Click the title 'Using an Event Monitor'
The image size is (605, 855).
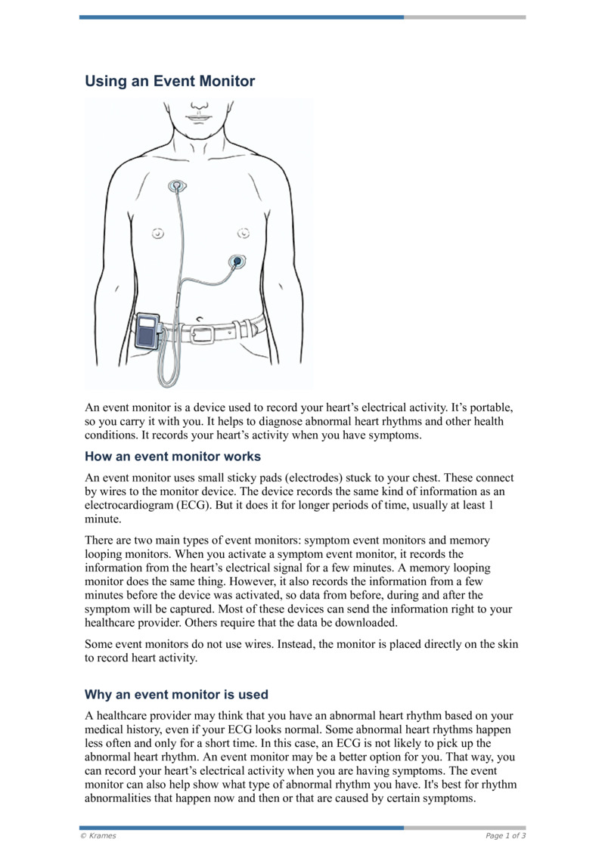(x=169, y=81)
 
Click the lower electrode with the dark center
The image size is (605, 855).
(x=237, y=262)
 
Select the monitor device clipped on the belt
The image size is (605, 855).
(x=147, y=331)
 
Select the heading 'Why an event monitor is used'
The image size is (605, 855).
(x=176, y=695)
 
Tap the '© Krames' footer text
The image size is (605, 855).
(x=98, y=835)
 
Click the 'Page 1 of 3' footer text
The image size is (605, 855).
(x=505, y=835)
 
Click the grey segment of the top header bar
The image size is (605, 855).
(x=464, y=17)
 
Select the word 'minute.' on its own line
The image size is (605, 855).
(x=102, y=520)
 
